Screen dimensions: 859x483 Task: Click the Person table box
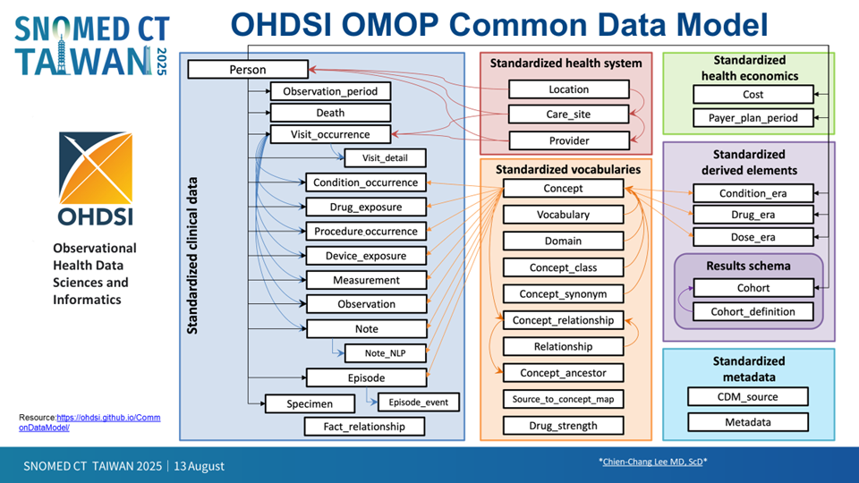tap(248, 70)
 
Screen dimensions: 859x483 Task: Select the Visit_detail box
tap(385, 157)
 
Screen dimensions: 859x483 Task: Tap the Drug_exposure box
tap(366, 207)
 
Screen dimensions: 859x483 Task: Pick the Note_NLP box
tap(385, 353)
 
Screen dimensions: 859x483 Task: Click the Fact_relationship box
tap(364, 427)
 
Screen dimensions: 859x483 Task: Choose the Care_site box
tap(569, 114)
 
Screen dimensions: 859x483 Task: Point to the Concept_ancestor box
tap(563, 373)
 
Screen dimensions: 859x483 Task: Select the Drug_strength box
tap(563, 426)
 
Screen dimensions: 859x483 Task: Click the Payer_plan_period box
tap(753, 118)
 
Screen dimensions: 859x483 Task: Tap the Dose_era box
tap(753, 237)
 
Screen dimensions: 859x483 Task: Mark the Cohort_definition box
tap(753, 311)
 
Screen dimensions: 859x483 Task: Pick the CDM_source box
tap(748, 397)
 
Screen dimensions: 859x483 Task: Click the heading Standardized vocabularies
tap(568, 170)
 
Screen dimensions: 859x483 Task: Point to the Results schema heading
tap(748, 267)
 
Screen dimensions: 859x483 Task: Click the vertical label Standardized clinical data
tap(192, 255)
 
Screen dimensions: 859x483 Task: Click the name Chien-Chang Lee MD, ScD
tap(652, 462)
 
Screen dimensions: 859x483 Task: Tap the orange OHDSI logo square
tap(96, 167)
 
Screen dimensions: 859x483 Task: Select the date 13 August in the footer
tap(199, 466)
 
